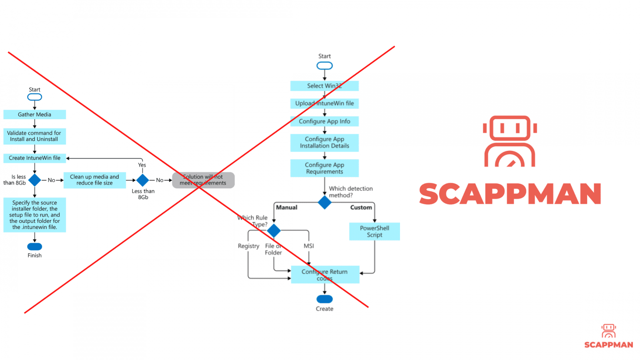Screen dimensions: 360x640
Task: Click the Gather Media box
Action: click(x=35, y=115)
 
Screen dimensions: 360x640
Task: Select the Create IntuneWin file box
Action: click(x=35, y=158)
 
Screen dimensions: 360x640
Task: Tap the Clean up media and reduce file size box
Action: click(x=95, y=180)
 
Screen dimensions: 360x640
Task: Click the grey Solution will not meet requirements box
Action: click(x=203, y=180)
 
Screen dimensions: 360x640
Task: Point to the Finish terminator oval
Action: click(x=35, y=247)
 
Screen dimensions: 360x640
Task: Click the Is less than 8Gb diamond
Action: click(x=35, y=180)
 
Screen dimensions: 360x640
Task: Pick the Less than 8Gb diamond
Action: click(x=142, y=180)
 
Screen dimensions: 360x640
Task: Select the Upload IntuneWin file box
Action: click(x=325, y=103)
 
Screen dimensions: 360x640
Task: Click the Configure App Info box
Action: click(x=325, y=121)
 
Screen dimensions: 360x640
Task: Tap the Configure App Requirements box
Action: click(x=325, y=168)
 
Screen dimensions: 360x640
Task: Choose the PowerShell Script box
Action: click(x=375, y=232)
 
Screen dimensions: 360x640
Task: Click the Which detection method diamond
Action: click(x=325, y=202)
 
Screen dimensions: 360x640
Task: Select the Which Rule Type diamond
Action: click(x=274, y=230)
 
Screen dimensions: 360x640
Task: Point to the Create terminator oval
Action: click(x=325, y=299)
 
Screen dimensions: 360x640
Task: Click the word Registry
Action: click(x=248, y=246)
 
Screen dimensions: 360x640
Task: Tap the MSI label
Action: click(x=309, y=246)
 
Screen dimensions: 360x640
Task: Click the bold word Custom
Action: click(x=361, y=207)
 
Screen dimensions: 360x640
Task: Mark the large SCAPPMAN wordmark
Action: click(x=510, y=194)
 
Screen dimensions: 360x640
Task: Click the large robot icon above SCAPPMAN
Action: click(x=510, y=142)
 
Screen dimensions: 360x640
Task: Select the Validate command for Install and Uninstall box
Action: click(x=35, y=136)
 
